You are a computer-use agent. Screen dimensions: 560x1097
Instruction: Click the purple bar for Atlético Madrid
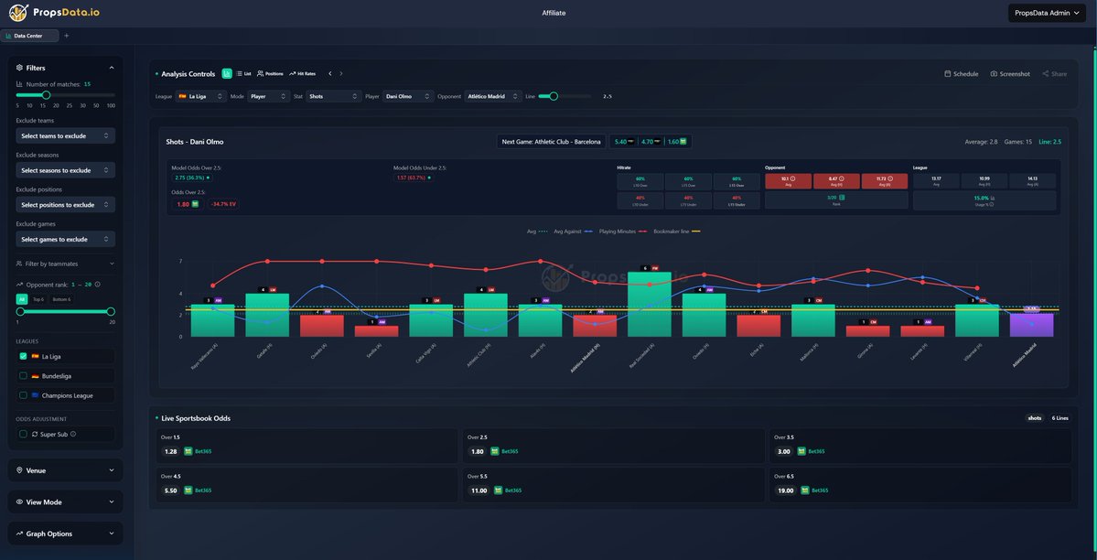coord(1031,325)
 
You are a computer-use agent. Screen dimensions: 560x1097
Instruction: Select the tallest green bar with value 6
coord(649,304)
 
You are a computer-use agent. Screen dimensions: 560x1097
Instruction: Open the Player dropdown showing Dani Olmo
coord(407,96)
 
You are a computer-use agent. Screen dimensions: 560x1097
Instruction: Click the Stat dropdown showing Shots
coord(333,96)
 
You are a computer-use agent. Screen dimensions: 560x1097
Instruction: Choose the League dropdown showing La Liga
coord(201,96)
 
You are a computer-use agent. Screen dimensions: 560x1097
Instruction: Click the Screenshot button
coord(1010,74)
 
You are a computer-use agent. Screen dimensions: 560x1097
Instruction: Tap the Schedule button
coord(961,74)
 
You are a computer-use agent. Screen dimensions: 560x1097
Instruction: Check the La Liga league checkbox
coord(23,356)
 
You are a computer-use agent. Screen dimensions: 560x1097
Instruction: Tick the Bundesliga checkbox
coord(23,375)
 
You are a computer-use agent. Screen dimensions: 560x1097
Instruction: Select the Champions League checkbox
coord(23,395)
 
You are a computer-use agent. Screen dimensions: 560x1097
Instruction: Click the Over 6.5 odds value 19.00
coord(785,490)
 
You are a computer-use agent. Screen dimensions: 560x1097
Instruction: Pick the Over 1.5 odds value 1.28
coord(170,451)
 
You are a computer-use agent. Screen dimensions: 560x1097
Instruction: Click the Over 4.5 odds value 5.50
coord(170,490)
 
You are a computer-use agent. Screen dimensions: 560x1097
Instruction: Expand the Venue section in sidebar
coord(65,470)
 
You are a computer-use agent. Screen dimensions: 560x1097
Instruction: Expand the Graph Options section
coord(65,533)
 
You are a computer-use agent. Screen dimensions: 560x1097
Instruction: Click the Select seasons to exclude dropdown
coord(65,170)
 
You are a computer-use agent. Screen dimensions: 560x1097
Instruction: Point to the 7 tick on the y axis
coord(180,262)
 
